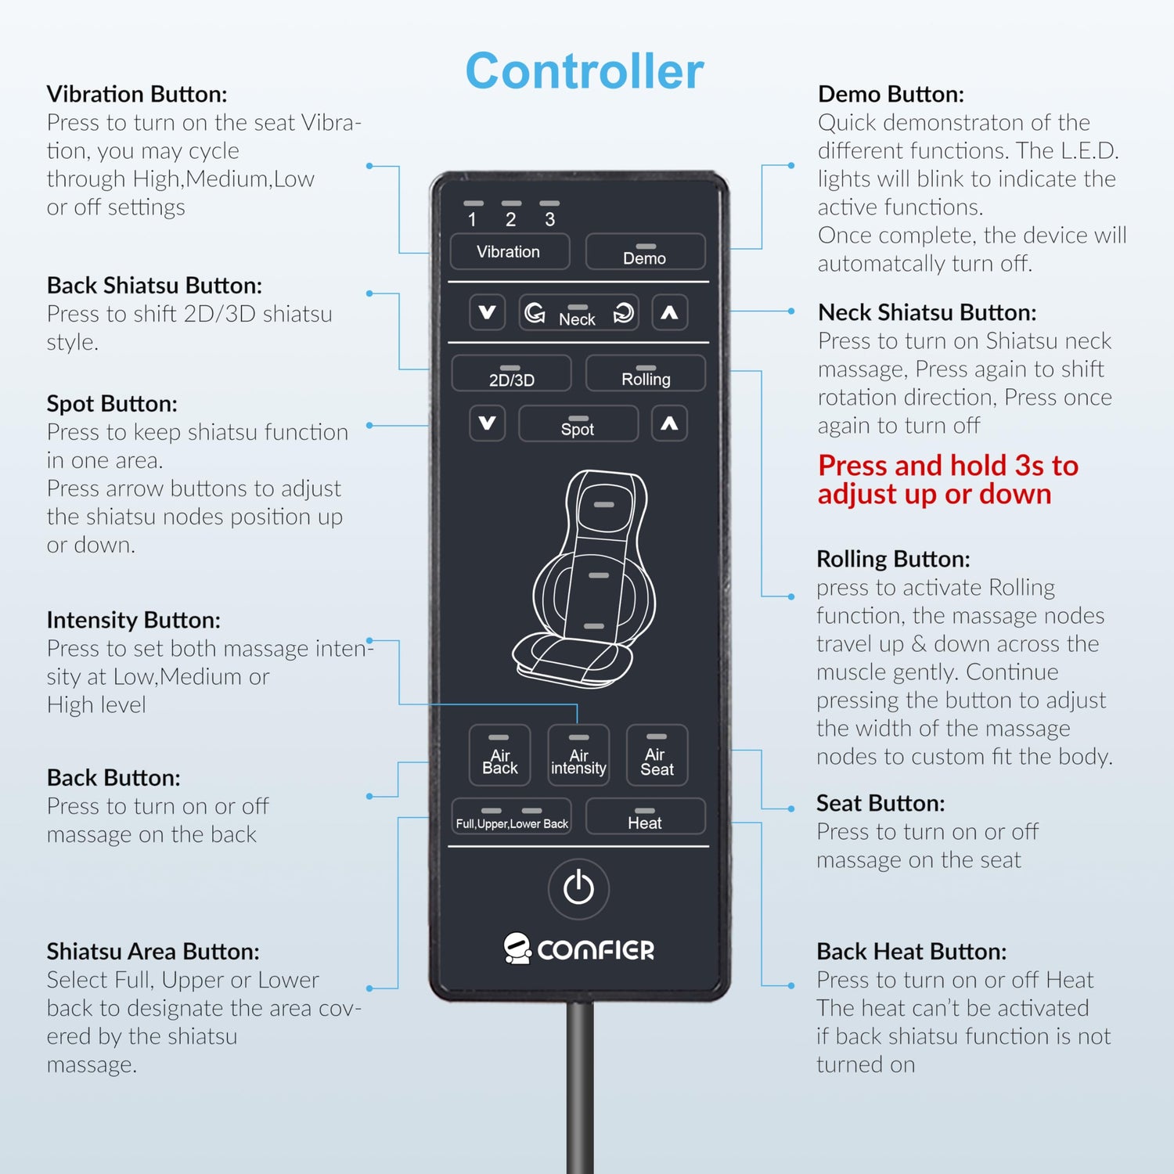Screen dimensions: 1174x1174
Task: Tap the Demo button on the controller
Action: (645, 252)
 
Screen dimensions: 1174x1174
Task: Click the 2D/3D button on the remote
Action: (511, 373)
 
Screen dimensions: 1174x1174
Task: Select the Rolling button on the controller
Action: (645, 373)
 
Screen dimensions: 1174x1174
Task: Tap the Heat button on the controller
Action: (645, 816)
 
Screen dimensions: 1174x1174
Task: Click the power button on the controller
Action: (578, 888)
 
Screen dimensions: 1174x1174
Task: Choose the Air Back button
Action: (499, 754)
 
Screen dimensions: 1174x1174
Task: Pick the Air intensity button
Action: (578, 754)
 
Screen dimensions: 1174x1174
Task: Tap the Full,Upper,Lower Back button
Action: (511, 816)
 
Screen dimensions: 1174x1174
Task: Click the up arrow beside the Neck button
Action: (669, 312)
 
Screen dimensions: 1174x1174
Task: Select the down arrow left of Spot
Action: (487, 423)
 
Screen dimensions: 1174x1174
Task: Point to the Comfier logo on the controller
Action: (578, 949)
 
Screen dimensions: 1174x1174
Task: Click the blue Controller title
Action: (585, 71)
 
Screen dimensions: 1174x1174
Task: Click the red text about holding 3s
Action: (948, 480)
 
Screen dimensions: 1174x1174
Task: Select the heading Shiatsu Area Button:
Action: (153, 951)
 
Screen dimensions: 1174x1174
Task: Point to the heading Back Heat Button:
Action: (912, 951)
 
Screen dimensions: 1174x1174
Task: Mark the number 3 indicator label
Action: (550, 219)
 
